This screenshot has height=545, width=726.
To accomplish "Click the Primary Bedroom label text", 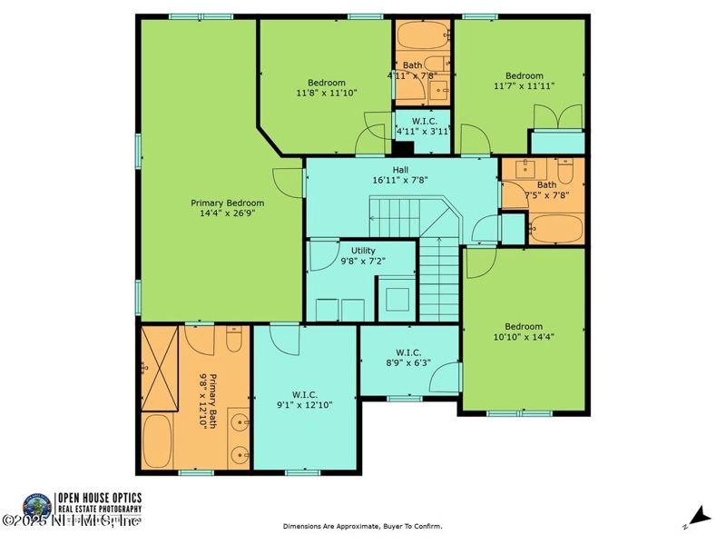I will pos(227,203).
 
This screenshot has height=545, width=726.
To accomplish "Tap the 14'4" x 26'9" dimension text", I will pos(227,214).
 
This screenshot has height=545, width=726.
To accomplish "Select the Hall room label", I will pos(400,169).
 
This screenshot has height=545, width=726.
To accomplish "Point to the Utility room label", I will pos(357,250).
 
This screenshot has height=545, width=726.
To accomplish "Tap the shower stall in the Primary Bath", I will pos(162,368).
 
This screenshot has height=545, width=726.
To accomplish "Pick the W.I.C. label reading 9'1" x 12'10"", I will pos(304,400).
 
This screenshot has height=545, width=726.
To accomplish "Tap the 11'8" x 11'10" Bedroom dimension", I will pos(326,93).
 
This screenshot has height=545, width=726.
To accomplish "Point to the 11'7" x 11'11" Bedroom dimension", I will pos(524,86).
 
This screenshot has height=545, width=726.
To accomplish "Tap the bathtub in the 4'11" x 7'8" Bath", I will pos(422,35).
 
